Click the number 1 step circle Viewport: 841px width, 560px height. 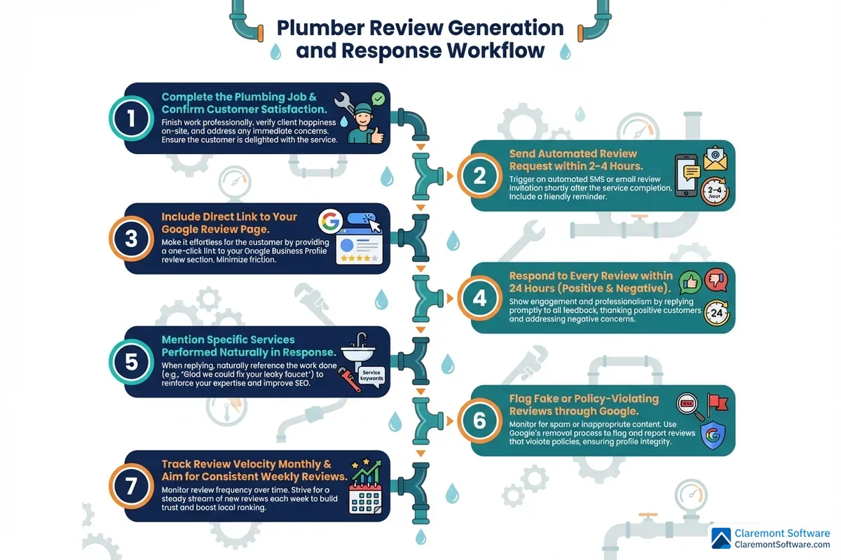coord(131,118)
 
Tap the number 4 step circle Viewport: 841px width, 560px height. coord(479,298)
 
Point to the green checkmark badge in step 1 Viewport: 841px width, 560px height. coord(378,99)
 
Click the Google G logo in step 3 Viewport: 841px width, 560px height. coord(329,222)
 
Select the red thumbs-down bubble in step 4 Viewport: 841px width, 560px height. coord(716,280)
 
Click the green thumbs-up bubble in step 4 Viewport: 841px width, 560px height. coord(691,283)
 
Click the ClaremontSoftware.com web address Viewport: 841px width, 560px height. coord(781,544)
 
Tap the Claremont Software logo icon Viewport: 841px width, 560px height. coord(721,538)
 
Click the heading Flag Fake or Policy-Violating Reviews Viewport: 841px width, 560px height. coord(584,405)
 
